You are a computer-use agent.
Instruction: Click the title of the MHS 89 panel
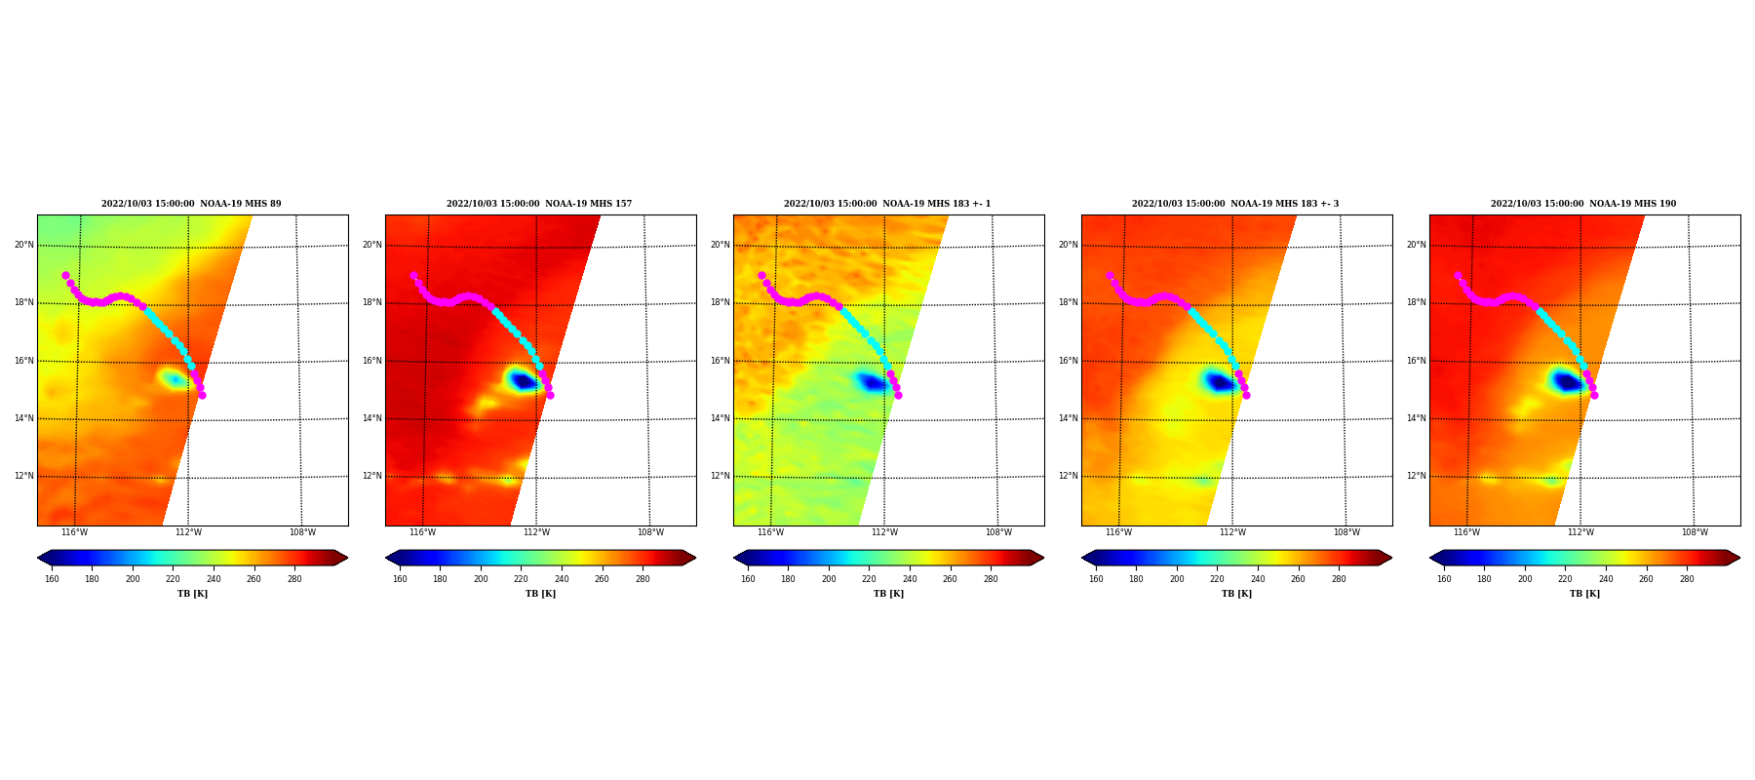(191, 204)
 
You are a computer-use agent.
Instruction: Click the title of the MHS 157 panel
(539, 204)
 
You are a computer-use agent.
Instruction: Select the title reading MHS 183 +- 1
(887, 204)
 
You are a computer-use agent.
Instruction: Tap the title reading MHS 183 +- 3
(1235, 204)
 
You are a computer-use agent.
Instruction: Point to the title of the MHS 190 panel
(1583, 204)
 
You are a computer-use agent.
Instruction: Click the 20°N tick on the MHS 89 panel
(24, 245)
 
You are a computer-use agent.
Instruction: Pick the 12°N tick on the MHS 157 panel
(372, 477)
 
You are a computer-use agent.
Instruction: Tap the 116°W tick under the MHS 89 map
(74, 532)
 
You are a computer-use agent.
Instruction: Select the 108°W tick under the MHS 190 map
(1695, 532)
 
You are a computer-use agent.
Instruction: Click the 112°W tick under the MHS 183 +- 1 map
(884, 532)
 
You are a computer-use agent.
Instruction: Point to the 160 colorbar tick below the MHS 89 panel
(52, 579)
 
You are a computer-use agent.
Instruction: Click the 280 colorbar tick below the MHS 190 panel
(1687, 579)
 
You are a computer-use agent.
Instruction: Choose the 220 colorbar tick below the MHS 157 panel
(522, 579)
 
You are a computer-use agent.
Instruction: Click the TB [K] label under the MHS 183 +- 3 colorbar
(1236, 594)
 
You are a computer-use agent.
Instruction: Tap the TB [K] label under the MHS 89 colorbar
(192, 594)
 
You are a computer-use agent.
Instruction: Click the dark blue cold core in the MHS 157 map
(524, 381)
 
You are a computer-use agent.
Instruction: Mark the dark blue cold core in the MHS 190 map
(1567, 382)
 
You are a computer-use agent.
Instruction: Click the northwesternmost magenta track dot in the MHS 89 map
(65, 275)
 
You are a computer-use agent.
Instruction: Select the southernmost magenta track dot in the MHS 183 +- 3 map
(1246, 395)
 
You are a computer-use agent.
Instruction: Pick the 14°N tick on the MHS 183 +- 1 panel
(721, 418)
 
